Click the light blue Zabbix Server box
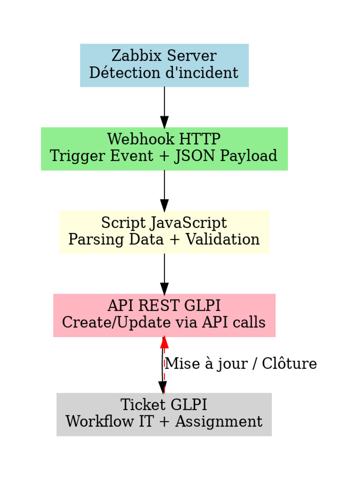(x=164, y=65)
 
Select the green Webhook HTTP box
(x=164, y=149)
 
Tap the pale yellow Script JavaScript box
(x=164, y=232)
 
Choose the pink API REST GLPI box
(x=164, y=315)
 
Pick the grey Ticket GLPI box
(x=164, y=414)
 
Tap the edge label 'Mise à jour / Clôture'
(x=241, y=364)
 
